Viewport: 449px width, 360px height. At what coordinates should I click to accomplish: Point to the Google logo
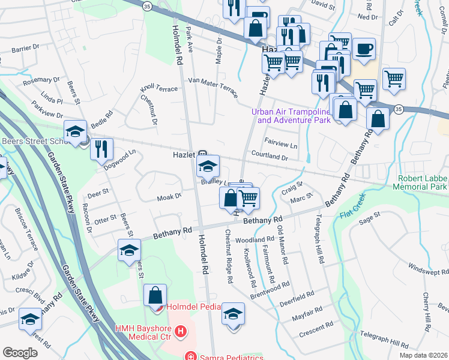click(x=20, y=353)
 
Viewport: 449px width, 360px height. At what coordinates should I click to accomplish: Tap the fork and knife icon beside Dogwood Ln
click(x=102, y=148)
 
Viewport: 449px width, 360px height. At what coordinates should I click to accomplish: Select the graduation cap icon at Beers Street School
click(x=76, y=131)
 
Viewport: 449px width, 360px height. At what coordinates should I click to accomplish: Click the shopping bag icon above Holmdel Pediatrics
click(x=155, y=295)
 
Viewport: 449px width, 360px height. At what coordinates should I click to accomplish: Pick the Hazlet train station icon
click(x=203, y=154)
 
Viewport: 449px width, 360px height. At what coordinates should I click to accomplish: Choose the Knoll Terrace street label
click(x=159, y=89)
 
